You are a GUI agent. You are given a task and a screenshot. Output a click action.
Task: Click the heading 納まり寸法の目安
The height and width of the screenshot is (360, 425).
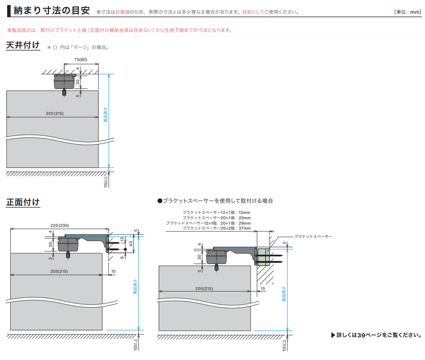pos(51,11)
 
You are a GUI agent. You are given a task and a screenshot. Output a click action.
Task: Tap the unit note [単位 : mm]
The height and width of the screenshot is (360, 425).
pos(407,12)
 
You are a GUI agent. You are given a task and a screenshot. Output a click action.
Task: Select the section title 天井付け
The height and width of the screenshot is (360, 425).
pos(23,45)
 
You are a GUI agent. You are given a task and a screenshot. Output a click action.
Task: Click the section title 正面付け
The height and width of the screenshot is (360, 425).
pos(23,202)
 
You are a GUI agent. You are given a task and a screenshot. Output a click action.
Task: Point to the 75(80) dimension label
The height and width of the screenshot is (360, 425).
pos(81,60)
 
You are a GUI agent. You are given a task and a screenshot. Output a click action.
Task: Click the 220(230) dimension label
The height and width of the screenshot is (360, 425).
pos(60,225)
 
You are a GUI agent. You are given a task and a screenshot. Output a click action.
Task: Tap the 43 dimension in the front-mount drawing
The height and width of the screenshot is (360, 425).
pos(131,244)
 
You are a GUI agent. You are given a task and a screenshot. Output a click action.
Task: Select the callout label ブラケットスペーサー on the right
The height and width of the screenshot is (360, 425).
pos(313,237)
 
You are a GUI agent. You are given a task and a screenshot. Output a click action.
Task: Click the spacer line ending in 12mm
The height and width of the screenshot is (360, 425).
pos(216,213)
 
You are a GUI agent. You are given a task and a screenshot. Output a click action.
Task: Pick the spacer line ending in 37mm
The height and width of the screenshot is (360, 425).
pos(216,228)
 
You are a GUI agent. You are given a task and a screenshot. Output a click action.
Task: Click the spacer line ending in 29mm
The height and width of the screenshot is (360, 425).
pos(208,223)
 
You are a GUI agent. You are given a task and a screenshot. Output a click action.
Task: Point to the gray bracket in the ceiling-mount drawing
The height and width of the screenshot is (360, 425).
pos(64,81)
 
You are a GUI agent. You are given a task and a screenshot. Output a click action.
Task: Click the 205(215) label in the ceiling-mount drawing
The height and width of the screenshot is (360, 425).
pos(55,114)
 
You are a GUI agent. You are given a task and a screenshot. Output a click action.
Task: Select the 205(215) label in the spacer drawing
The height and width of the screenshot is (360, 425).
pos(204,288)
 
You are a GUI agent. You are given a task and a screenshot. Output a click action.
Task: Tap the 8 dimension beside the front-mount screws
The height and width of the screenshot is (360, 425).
pos(122,257)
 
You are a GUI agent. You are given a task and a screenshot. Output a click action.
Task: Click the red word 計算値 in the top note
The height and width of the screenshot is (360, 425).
pos(122,12)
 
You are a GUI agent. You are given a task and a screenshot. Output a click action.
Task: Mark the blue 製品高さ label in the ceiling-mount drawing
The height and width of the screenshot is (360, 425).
pos(105,115)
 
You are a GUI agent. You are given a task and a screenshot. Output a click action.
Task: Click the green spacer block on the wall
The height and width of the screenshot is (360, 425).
pos(263,256)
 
